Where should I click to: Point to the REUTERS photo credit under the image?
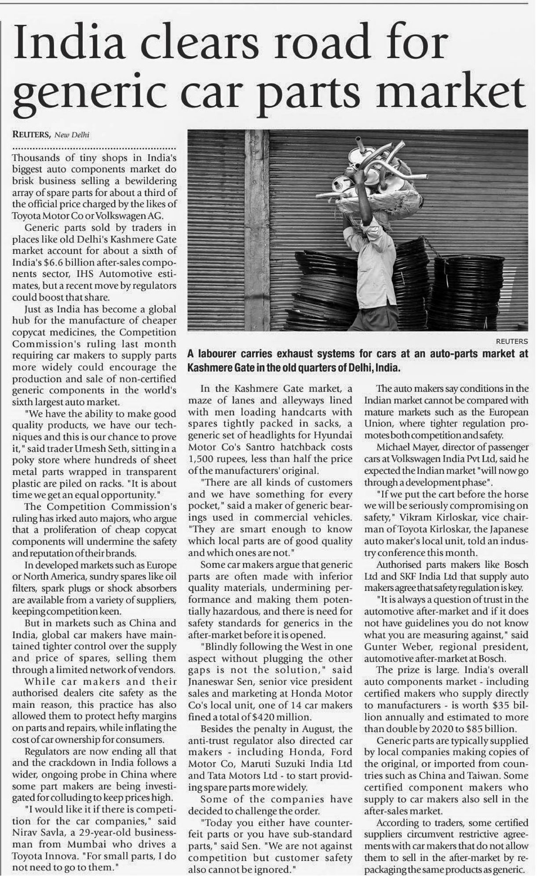[x=511, y=341]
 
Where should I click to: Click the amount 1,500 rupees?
[x=214, y=459]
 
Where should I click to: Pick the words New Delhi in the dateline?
[x=72, y=135]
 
